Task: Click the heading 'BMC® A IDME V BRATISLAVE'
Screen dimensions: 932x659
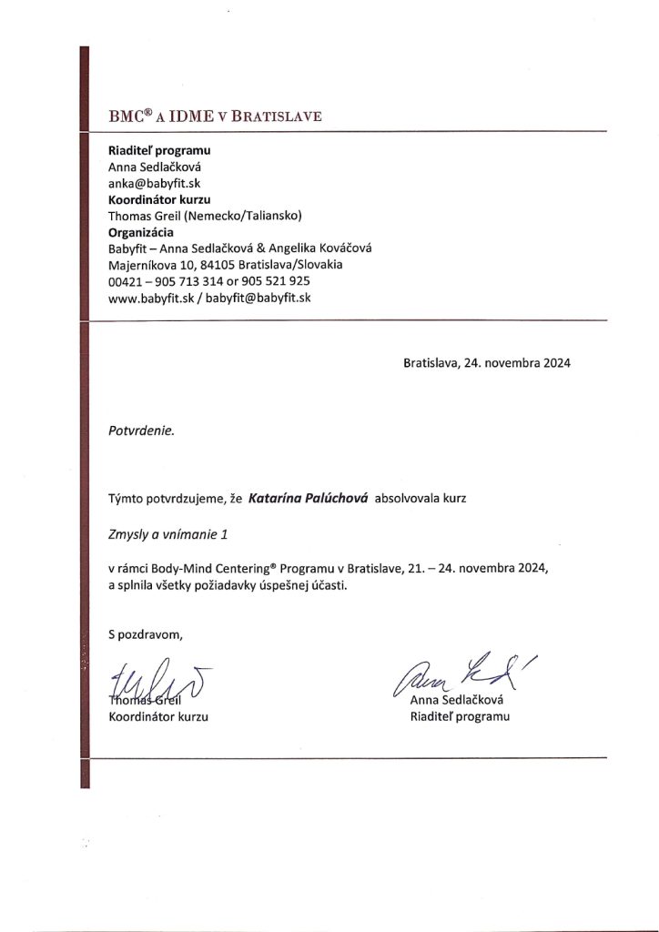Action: point(215,116)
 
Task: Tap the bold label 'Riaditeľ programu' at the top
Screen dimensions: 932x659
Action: point(159,150)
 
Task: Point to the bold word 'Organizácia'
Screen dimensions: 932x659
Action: point(141,232)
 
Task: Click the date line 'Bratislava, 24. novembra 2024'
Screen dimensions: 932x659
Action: point(487,362)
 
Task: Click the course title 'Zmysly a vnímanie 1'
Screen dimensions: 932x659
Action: point(166,533)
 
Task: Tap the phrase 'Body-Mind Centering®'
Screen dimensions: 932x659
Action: point(214,568)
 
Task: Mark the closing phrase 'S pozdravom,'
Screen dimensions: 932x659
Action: point(146,634)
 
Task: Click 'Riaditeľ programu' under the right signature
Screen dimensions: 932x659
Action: point(460,716)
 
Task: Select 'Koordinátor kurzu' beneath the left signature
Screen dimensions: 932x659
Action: point(158,716)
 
